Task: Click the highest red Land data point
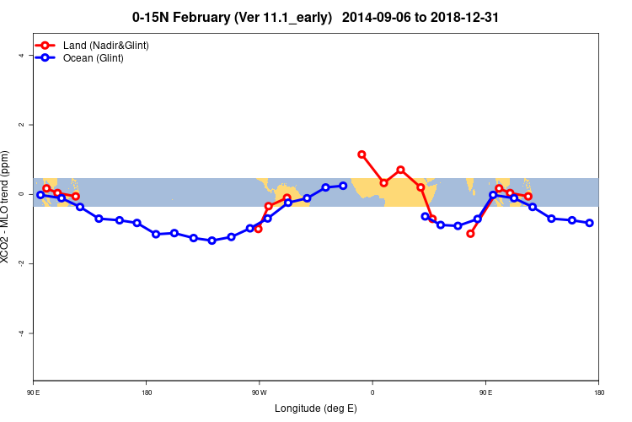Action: [362, 154]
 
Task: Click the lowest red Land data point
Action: [470, 233]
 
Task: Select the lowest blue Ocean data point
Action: [212, 241]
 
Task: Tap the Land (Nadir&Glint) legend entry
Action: [105, 45]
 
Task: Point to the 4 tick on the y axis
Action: [30, 56]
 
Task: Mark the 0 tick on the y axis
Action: [30, 194]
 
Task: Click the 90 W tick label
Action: [259, 392]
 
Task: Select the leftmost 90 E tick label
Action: [33, 392]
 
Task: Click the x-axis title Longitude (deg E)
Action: [316, 408]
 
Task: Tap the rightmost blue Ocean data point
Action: [589, 223]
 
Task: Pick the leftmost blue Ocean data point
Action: [40, 194]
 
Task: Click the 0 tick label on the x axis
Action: [372, 392]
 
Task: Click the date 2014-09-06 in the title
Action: [374, 17]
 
